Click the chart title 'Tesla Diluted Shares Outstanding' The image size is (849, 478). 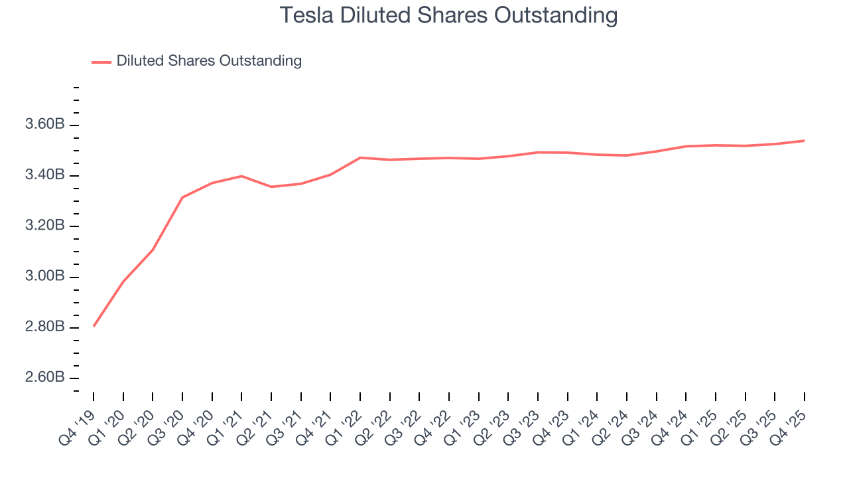click(448, 15)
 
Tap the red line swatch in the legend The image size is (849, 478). click(101, 62)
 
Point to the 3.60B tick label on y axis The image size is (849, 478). click(44, 125)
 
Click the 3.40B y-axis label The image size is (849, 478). click(44, 175)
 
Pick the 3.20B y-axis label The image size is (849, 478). click(44, 226)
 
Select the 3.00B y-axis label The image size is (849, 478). click(44, 276)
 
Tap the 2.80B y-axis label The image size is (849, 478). click(44, 327)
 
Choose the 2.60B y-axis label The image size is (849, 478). click(44, 378)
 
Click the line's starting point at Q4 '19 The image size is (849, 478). click(94, 326)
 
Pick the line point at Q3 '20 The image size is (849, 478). click(182, 197)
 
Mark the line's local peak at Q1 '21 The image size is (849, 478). click(241, 176)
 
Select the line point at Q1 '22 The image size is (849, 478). click(360, 157)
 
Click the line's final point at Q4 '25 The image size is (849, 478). click(805, 141)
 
